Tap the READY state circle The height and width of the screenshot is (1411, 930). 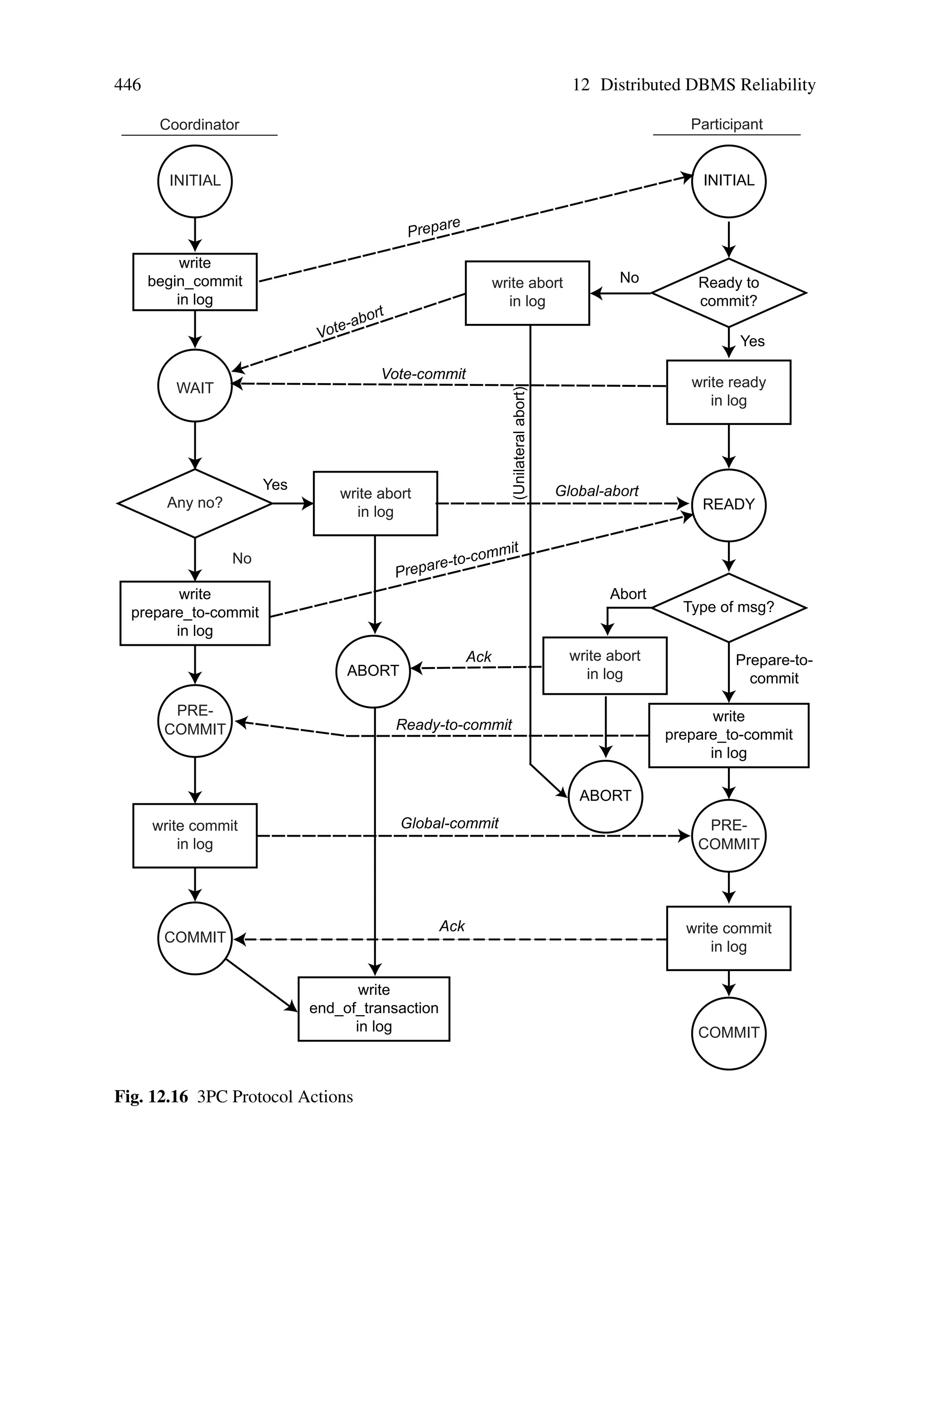[728, 504]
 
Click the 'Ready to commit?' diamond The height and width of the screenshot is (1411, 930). [728, 293]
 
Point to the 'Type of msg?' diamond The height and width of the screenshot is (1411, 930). [728, 607]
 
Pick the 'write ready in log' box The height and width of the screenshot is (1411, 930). [728, 392]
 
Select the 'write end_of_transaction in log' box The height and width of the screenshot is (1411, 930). [374, 1009]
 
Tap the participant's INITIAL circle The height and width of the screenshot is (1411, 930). [728, 181]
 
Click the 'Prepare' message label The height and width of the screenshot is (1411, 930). [434, 227]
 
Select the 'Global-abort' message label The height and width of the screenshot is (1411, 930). [596, 491]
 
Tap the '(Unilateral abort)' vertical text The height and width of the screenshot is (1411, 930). [519, 442]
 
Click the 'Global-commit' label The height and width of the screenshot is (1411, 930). [449, 823]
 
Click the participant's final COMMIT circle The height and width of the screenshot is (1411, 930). [728, 1033]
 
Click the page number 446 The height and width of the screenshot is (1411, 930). [128, 85]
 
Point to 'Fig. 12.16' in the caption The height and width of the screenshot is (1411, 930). [151, 1097]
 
